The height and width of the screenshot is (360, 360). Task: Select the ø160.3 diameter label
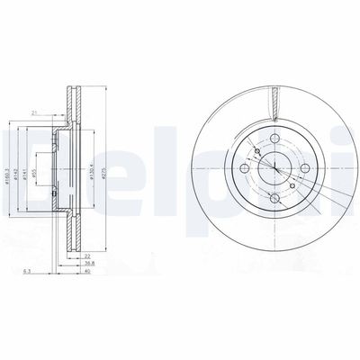click(x=17, y=166)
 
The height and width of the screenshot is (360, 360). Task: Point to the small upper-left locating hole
click(x=255, y=151)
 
